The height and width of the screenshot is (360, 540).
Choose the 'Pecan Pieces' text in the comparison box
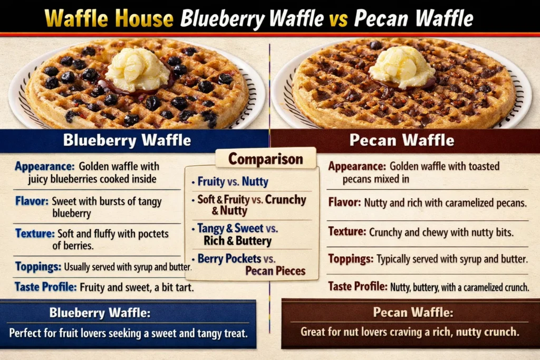[x=275, y=271]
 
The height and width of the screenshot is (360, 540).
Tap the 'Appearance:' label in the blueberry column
[x=44, y=167]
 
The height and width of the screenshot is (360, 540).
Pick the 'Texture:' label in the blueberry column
[x=36, y=233]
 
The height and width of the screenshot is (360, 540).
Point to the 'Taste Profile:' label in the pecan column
[x=358, y=287]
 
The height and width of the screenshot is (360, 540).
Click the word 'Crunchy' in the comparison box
[x=285, y=200]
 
